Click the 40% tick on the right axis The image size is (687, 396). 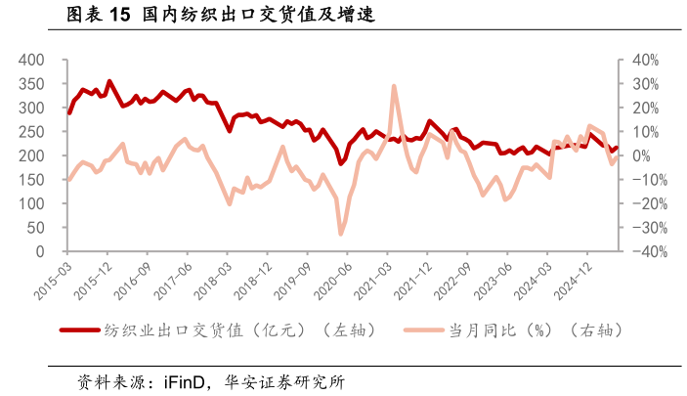tap(641, 60)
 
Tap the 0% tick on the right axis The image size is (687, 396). tap(636, 155)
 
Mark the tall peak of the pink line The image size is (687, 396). tap(394, 86)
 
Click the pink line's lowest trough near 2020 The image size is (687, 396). tap(341, 234)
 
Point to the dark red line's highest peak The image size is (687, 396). tap(109, 81)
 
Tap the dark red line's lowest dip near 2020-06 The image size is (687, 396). tap(341, 163)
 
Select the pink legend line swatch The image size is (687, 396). tap(424, 330)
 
